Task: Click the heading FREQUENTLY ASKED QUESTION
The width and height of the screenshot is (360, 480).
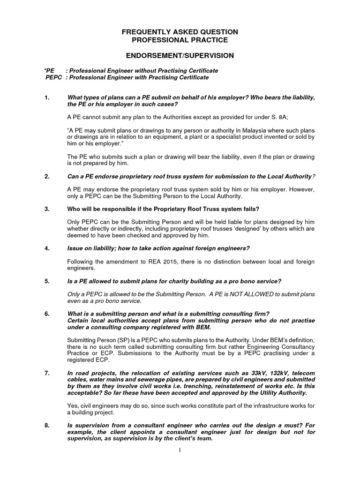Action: (x=180, y=32)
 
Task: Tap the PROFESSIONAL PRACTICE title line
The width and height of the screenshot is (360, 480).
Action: (x=180, y=40)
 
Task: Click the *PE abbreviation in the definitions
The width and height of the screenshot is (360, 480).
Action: (x=49, y=70)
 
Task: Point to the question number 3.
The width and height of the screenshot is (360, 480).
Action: (x=47, y=208)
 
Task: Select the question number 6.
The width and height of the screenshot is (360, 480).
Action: (x=47, y=313)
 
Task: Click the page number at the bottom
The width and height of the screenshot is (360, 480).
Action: (x=180, y=450)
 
